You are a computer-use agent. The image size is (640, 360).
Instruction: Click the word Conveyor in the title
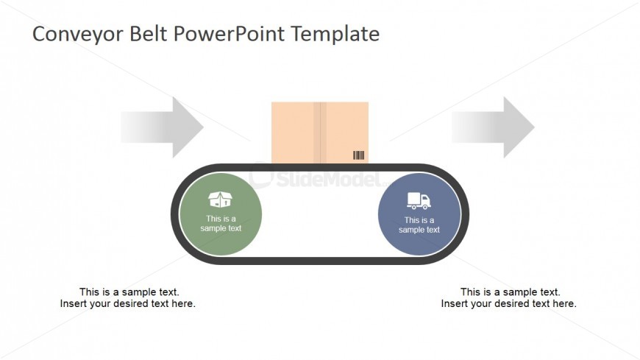coord(78,35)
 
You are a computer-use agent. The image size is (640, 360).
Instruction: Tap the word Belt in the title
coord(149,34)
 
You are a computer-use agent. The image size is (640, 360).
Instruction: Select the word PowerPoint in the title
coord(229,34)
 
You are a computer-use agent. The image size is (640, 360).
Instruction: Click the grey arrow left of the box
coord(163,127)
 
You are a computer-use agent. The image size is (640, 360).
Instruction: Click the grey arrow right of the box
coord(493,127)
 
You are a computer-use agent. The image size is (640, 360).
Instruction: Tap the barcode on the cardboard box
coord(358,155)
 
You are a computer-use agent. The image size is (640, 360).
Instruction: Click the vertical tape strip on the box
coord(320,133)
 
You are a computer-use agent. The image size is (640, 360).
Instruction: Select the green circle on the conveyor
coord(221,214)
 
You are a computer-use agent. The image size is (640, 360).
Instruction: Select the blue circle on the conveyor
coord(419,214)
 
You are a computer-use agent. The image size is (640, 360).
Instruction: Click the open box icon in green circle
coord(220,200)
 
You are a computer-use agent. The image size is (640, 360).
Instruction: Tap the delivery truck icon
coord(419,201)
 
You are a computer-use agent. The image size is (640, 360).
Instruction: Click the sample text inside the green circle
coord(221,224)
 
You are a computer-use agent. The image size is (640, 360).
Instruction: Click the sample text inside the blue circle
coord(419,225)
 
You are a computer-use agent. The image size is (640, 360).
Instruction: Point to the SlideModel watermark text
coord(329,179)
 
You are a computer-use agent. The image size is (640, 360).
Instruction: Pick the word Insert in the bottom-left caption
coord(72,303)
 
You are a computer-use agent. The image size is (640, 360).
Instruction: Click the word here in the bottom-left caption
coord(183,303)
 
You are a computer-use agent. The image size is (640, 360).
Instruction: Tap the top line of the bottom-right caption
coord(511,292)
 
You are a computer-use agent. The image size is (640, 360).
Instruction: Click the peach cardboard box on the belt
coord(320,133)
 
